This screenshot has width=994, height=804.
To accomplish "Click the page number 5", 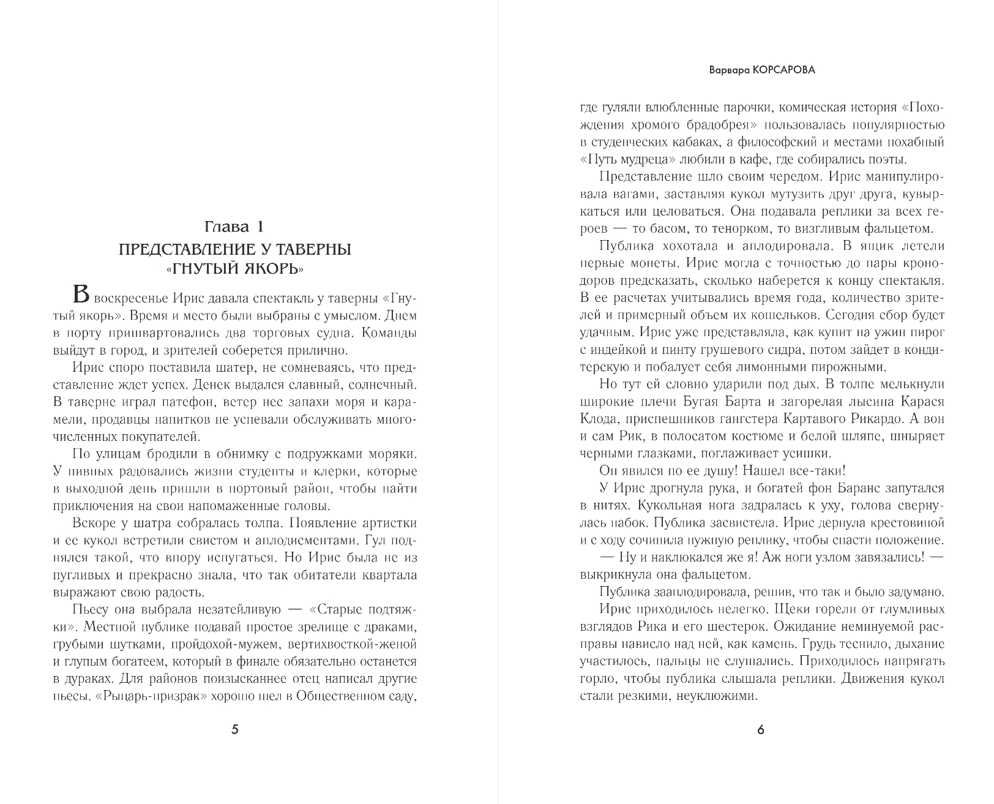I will click(x=235, y=729).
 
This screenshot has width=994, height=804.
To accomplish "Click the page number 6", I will click(x=761, y=729).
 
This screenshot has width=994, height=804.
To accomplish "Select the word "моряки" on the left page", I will click(x=395, y=454).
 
